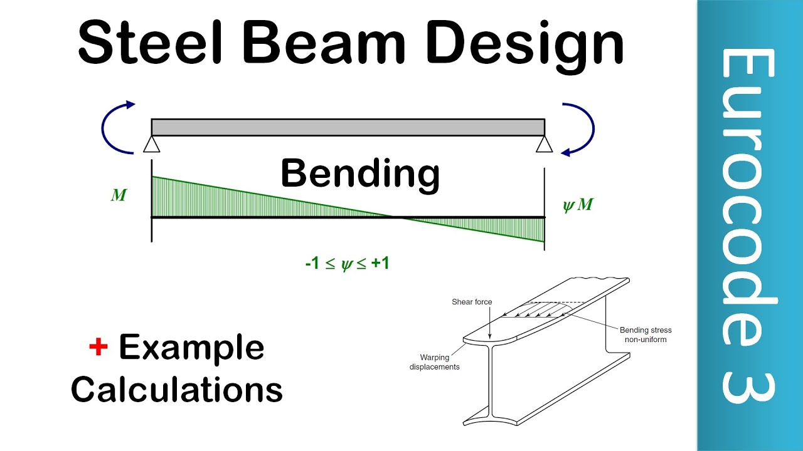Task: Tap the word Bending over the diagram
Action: (359, 174)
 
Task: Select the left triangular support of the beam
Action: (151, 145)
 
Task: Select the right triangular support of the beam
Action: (544, 145)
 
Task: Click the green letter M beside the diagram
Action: (119, 195)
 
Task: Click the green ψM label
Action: (578, 205)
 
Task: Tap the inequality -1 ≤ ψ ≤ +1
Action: (347, 264)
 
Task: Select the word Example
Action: (191, 348)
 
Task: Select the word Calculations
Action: (176, 390)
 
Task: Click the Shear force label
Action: (472, 302)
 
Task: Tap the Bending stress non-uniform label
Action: (645, 334)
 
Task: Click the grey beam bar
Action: (348, 127)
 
